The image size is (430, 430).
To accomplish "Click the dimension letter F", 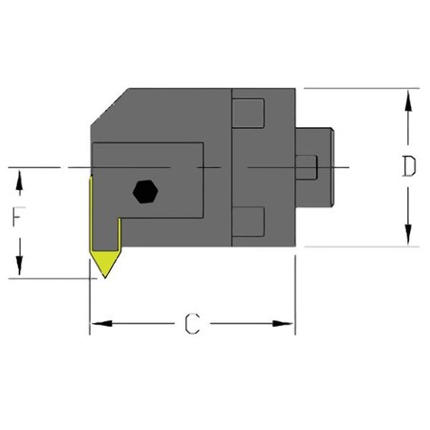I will pyautogui.click(x=16, y=219).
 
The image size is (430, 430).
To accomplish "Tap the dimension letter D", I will pyautogui.click(x=408, y=167).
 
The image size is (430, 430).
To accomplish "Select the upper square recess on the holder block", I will pyautogui.click(x=248, y=112).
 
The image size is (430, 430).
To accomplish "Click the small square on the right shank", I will pyautogui.click(x=307, y=168).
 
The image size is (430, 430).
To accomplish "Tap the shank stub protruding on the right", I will pyautogui.click(x=316, y=167).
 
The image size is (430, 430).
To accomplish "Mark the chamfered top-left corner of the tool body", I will pyautogui.click(x=106, y=108).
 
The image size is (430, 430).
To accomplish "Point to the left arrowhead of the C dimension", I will pyautogui.click(x=98, y=324).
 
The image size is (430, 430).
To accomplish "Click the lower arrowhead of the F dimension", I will pyautogui.click(x=16, y=270).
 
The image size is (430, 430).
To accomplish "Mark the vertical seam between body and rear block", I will pyautogui.click(x=231, y=167).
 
